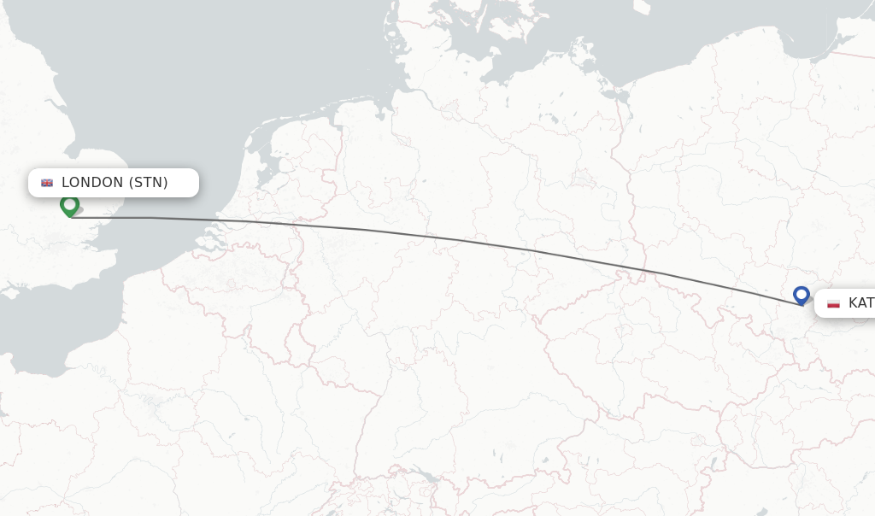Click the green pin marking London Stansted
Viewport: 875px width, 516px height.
click(x=69, y=205)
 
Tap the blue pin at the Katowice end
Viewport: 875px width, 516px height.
click(x=801, y=295)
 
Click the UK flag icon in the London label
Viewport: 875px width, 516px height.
click(x=47, y=183)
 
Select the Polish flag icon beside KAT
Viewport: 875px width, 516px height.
click(x=833, y=303)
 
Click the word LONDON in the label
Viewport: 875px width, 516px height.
click(x=92, y=182)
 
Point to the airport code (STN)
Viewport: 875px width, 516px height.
click(x=149, y=182)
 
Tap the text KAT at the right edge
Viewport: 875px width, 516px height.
click(x=860, y=303)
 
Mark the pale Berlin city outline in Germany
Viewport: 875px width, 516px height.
click(x=584, y=178)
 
